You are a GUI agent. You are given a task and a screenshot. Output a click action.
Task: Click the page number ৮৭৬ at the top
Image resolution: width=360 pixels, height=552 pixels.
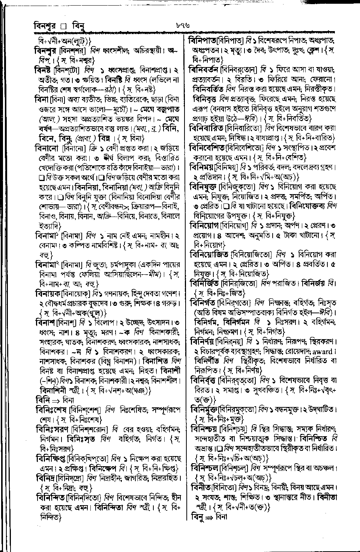click(183, 26)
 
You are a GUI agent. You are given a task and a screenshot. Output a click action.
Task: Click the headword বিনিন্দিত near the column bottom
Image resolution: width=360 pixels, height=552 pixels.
click(50, 498)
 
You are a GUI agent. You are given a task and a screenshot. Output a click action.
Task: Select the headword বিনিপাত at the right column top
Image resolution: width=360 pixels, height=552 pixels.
click(204, 40)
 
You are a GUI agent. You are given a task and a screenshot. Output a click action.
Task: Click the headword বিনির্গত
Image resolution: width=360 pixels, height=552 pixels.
click(204, 302)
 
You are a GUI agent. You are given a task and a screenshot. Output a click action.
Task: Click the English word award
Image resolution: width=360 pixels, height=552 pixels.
click(322, 352)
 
